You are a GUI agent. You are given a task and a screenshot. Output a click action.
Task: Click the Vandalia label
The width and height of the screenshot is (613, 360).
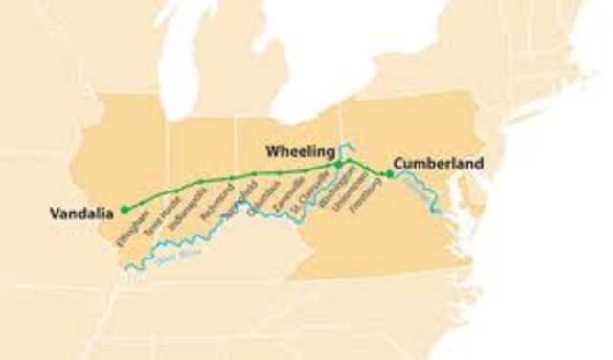point(82,213)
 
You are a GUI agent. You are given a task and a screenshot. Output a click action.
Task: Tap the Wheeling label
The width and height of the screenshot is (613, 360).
point(301,151)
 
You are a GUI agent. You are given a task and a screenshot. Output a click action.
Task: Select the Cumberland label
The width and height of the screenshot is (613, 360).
point(437,163)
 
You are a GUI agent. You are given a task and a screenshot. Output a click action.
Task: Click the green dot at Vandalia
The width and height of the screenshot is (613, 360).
point(124,209)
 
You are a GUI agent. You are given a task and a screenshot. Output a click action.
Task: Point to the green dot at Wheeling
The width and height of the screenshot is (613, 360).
point(337,166)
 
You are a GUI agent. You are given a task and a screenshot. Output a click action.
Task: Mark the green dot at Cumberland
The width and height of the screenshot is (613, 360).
point(388,173)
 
